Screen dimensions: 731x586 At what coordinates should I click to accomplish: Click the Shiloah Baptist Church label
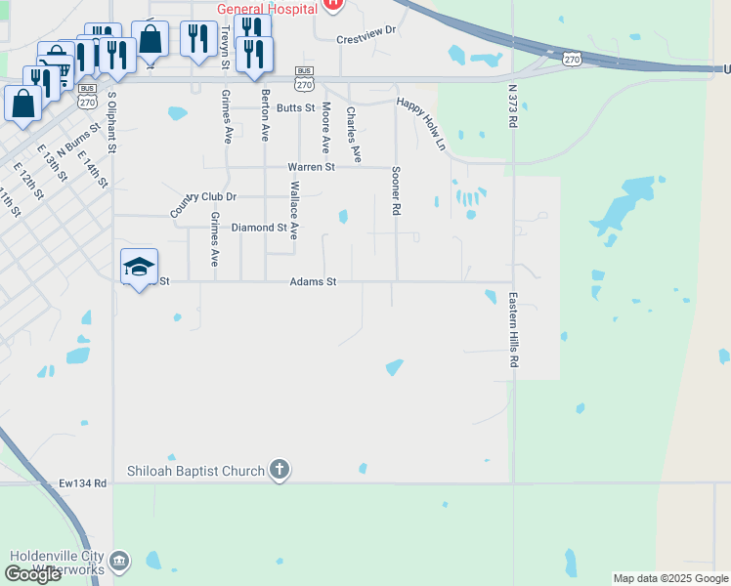(195, 471)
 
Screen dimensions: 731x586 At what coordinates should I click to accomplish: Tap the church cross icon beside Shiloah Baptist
(279, 471)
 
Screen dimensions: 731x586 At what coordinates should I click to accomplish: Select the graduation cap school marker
(139, 267)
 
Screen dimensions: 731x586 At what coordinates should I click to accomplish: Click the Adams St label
(313, 281)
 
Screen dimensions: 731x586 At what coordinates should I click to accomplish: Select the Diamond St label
(258, 228)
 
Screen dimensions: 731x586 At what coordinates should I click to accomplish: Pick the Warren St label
(311, 167)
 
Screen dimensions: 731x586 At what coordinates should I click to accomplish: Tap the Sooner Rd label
(397, 189)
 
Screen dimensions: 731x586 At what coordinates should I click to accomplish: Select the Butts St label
(296, 107)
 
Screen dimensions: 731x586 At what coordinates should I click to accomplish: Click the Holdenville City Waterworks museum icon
(119, 561)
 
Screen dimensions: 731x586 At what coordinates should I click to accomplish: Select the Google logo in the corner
(32, 574)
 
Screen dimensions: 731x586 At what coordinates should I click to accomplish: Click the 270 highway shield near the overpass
(573, 60)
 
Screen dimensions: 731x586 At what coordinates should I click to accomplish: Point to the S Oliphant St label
(112, 122)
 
